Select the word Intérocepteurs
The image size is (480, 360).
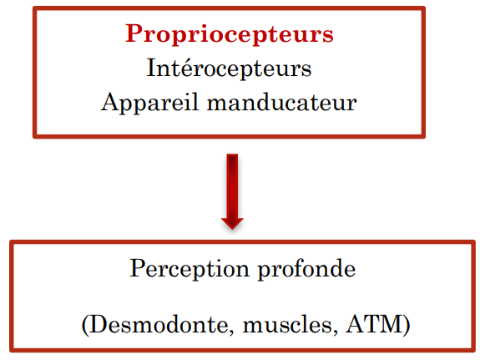229,68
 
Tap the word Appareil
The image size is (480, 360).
150,103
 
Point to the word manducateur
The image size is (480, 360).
282,102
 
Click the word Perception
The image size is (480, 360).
189,269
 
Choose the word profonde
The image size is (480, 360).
306,269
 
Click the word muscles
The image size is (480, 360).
290,326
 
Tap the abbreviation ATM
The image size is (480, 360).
374,323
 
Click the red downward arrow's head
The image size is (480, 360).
232,223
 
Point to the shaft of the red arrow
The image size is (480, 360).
232,186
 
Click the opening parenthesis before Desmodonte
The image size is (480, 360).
85,325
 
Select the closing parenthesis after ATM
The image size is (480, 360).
407,325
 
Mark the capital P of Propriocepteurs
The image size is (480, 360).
134,33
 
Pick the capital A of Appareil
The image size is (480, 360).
111,101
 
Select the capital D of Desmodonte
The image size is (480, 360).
99,323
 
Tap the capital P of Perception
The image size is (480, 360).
139,267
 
